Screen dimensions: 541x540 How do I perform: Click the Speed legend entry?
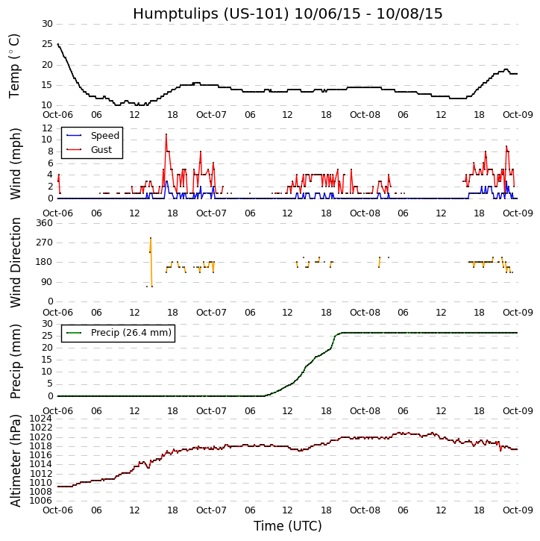click(104, 136)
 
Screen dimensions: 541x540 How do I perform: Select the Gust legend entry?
click(101, 150)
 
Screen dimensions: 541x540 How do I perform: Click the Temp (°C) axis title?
click(15, 65)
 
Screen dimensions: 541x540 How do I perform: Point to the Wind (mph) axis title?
click(15, 163)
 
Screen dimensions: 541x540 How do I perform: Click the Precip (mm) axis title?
click(15, 360)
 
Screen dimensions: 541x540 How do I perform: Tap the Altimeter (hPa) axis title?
click(15, 460)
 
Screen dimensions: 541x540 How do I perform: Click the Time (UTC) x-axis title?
click(287, 526)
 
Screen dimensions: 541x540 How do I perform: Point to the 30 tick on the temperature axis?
click(46, 24)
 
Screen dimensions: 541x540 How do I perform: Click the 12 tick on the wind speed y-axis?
click(46, 128)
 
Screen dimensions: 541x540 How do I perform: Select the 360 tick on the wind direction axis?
click(43, 223)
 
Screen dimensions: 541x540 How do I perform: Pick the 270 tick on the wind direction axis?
click(43, 243)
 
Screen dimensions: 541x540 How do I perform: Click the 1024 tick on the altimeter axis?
click(41, 419)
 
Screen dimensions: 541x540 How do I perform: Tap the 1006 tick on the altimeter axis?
click(41, 501)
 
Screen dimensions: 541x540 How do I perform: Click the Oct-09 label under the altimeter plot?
click(517, 510)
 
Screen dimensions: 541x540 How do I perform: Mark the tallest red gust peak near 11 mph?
click(166, 134)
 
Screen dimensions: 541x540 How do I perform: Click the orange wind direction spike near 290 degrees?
click(151, 239)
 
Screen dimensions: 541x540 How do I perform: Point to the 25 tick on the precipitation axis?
click(46, 336)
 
